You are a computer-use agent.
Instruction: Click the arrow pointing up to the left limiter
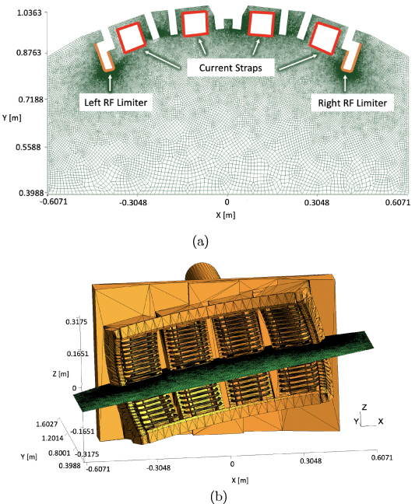(111, 82)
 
